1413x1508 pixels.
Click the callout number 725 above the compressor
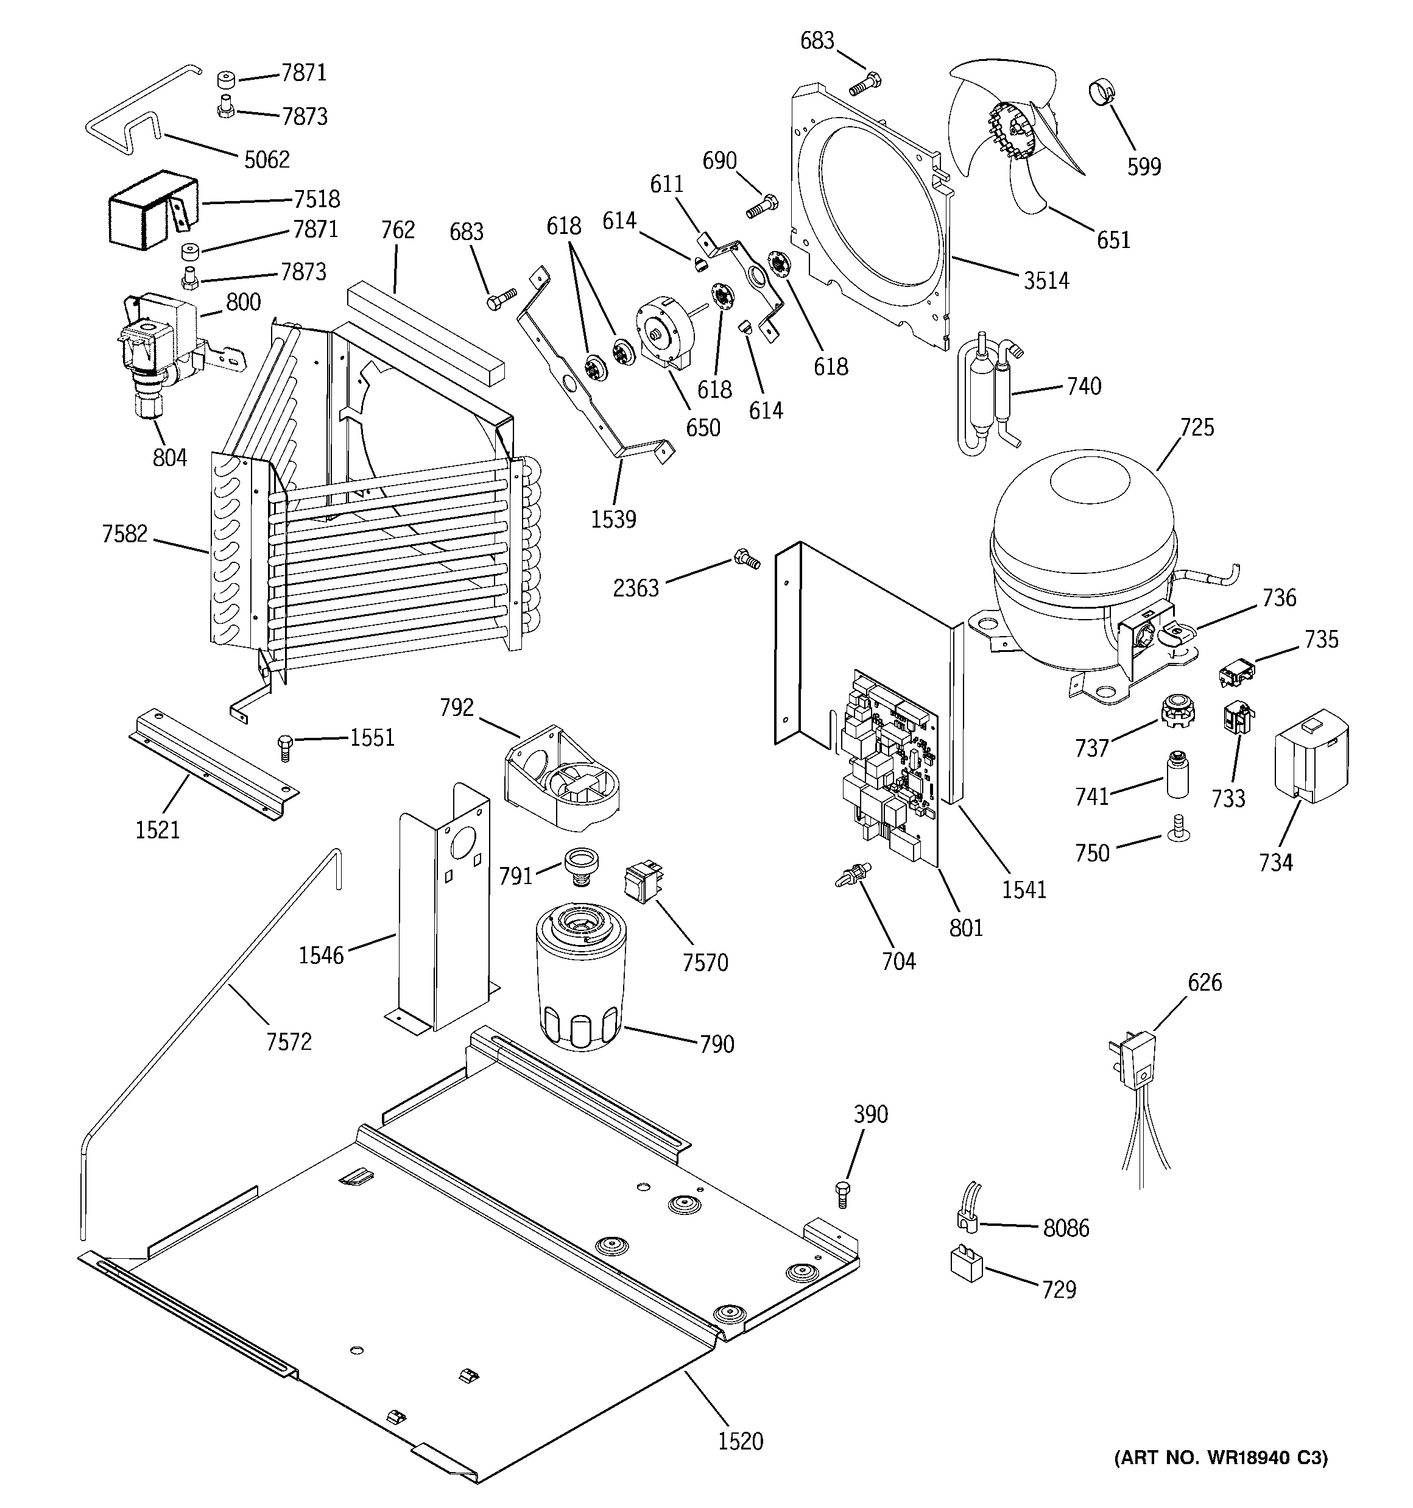tap(1197, 427)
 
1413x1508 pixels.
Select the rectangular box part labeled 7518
tap(148, 211)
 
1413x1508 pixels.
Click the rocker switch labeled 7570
tap(640, 883)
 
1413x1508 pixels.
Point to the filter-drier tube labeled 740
tap(986, 394)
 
